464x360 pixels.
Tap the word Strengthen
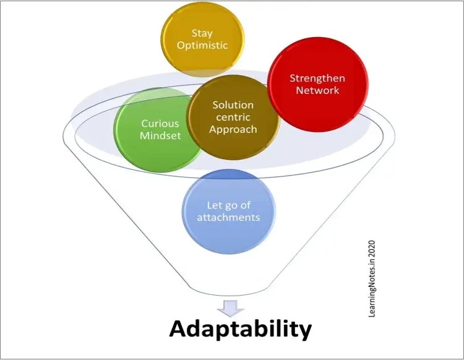pyautogui.click(x=317, y=79)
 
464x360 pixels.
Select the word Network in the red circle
pyautogui.click(x=317, y=90)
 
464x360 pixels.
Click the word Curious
pyautogui.click(x=160, y=124)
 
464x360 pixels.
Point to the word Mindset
pyautogui.click(x=160, y=135)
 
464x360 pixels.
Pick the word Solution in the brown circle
pyautogui.click(x=233, y=105)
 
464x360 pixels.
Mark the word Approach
pyautogui.click(x=233, y=129)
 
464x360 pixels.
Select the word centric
pyautogui.click(x=233, y=118)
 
